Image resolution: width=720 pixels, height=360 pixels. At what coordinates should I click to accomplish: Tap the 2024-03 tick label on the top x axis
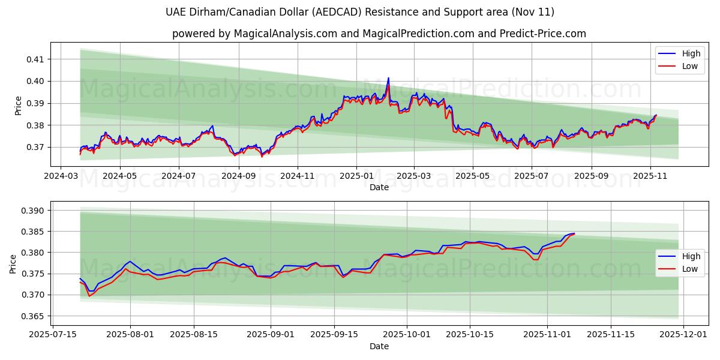tap(61, 176)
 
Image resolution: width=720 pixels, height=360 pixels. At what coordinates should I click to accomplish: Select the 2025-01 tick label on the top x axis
tap(356, 176)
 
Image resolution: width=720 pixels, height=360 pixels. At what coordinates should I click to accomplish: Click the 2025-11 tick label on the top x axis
tap(650, 176)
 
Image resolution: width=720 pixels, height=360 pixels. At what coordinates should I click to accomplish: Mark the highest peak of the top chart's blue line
tap(388, 78)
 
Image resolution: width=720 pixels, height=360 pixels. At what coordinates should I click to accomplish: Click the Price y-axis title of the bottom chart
tap(14, 264)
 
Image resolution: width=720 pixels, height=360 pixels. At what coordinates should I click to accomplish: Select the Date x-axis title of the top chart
tap(379, 187)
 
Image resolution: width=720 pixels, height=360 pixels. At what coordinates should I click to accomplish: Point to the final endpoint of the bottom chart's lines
tap(574, 233)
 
